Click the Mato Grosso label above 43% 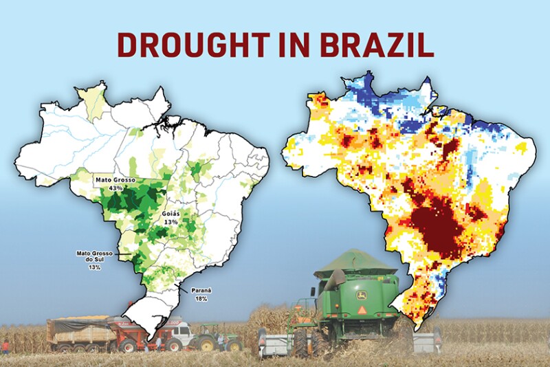[115, 180]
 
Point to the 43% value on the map [115, 188]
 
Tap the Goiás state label [171, 214]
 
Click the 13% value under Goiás [171, 222]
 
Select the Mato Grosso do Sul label [93, 256]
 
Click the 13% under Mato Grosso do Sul [93, 267]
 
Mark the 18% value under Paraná [201, 298]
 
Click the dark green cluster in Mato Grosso [127, 201]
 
